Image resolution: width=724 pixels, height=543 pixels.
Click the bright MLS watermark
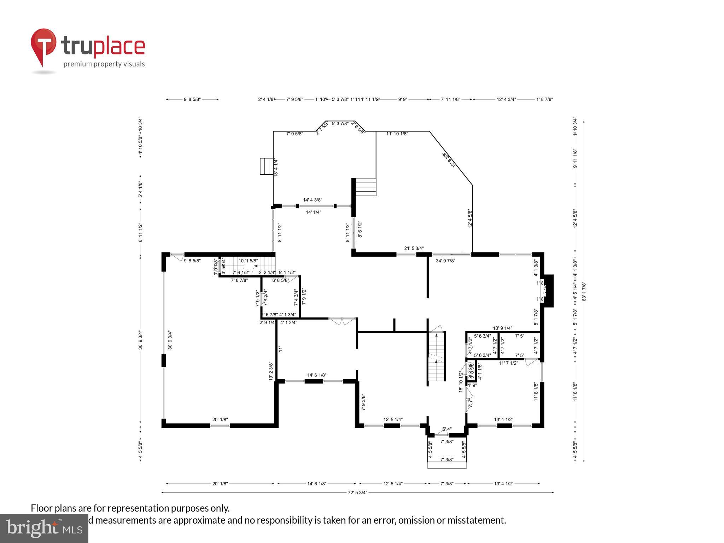[44, 528]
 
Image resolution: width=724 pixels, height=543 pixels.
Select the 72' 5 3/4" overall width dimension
[357, 492]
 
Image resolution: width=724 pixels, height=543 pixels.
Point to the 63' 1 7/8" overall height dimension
[584, 291]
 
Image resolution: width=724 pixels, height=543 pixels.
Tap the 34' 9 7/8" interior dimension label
[445, 261]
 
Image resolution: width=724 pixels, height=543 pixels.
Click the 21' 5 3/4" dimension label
[414, 249]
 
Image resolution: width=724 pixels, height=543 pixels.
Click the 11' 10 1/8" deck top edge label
[397, 134]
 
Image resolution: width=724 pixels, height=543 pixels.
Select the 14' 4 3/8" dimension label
[313, 200]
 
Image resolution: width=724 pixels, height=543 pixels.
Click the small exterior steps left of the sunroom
[267, 167]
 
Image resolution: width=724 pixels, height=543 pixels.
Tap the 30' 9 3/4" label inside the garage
[170, 340]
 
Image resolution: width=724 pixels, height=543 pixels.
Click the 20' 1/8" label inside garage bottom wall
[220, 420]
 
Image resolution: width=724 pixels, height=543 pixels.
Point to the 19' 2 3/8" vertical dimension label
[271, 371]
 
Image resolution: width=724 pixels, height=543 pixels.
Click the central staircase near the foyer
[436, 357]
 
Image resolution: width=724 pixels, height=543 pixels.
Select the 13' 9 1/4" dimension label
[502, 328]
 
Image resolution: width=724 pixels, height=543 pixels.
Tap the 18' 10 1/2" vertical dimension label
[461, 382]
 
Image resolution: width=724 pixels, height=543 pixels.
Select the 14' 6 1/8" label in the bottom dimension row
[317, 484]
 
